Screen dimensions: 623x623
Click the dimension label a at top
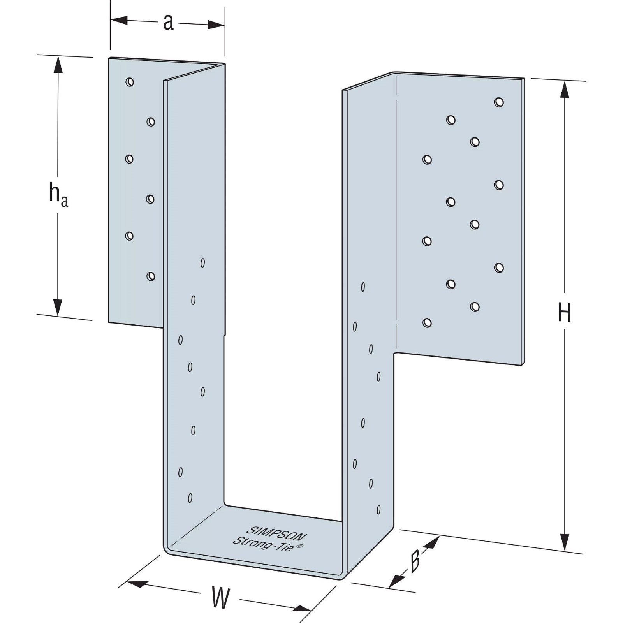tap(168, 23)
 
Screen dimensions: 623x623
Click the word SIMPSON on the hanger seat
tap(276, 533)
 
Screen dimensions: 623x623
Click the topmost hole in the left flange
tap(130, 82)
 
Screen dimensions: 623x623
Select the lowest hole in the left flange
tap(151, 276)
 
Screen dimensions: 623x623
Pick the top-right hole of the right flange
tap(499, 102)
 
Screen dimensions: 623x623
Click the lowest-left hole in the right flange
tap(427, 322)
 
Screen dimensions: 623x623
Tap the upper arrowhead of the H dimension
tap(565, 89)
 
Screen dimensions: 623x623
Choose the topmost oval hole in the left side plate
tap(202, 263)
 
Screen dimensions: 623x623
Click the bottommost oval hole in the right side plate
tap(378, 509)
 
